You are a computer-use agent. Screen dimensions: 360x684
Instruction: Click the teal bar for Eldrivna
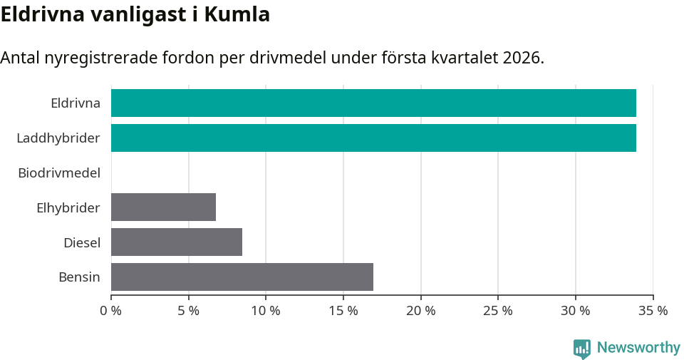tap(373, 103)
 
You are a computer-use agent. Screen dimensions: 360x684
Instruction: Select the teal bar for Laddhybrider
tap(373, 138)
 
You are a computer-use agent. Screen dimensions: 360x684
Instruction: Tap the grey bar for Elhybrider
tap(163, 207)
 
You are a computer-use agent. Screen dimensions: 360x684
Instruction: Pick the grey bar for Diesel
tap(177, 242)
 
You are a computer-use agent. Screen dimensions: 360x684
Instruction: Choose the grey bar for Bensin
tap(242, 277)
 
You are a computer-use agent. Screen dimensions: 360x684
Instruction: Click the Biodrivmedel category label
tap(59, 173)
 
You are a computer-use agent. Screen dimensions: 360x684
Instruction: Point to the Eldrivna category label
tap(76, 103)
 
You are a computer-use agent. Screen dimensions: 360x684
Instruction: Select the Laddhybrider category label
tap(58, 138)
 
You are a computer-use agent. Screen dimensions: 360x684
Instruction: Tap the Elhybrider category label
tap(68, 207)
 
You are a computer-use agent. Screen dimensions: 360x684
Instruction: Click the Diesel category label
tap(82, 242)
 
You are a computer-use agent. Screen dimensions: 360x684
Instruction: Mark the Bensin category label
tap(79, 277)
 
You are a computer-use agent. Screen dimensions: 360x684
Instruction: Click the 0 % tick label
tap(111, 311)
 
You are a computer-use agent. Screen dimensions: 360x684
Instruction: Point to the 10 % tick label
tap(266, 311)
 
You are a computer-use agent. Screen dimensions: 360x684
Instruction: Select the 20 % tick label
tap(420, 311)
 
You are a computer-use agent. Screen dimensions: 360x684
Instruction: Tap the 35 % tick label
tap(653, 311)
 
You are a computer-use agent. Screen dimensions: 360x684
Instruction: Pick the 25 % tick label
tap(498, 311)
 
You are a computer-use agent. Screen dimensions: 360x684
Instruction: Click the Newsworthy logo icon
tap(582, 348)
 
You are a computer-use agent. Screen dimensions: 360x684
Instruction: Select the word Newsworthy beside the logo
tap(638, 348)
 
